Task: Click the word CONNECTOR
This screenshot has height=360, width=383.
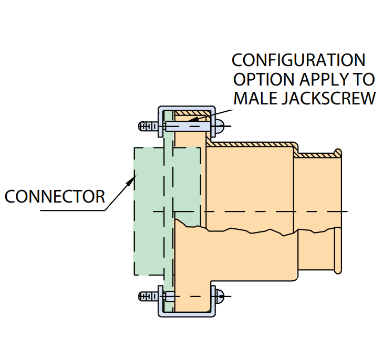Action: tap(55, 197)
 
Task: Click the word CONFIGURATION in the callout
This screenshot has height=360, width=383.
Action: tap(298, 59)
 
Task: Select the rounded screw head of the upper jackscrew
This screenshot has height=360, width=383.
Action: tap(220, 126)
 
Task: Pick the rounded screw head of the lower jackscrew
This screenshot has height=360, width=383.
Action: tap(220, 297)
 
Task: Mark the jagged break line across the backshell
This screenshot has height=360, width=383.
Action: tap(252, 231)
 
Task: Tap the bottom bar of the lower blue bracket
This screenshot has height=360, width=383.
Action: tap(187, 314)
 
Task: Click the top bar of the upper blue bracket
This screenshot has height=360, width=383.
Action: tap(187, 108)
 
